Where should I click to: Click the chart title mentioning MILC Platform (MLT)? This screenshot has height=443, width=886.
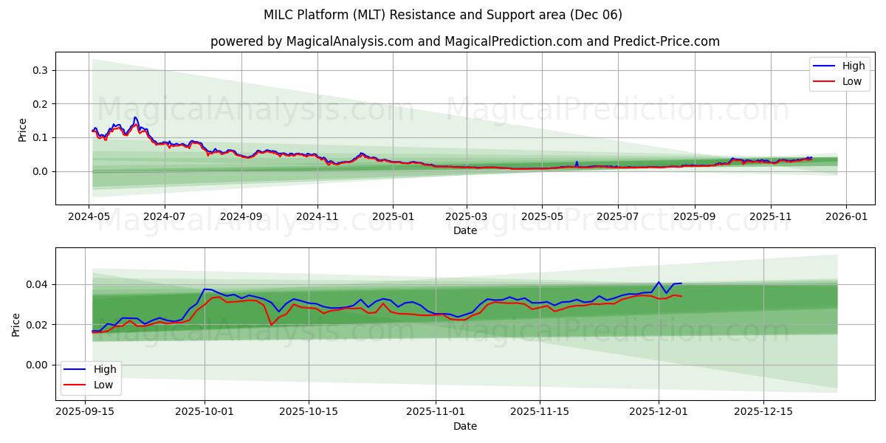click(442, 15)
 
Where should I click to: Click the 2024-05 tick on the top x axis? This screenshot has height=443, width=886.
click(89, 218)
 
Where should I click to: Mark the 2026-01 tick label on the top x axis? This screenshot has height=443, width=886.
click(845, 218)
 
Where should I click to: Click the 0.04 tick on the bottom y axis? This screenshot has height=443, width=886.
click(37, 284)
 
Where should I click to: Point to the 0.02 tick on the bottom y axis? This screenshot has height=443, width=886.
click(37, 325)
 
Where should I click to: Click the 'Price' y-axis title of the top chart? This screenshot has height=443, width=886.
click(22, 130)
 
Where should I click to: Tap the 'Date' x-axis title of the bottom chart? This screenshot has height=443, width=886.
click(464, 426)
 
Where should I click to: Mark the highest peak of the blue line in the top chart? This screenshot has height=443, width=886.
click(135, 117)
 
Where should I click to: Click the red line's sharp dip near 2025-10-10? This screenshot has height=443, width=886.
click(272, 324)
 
